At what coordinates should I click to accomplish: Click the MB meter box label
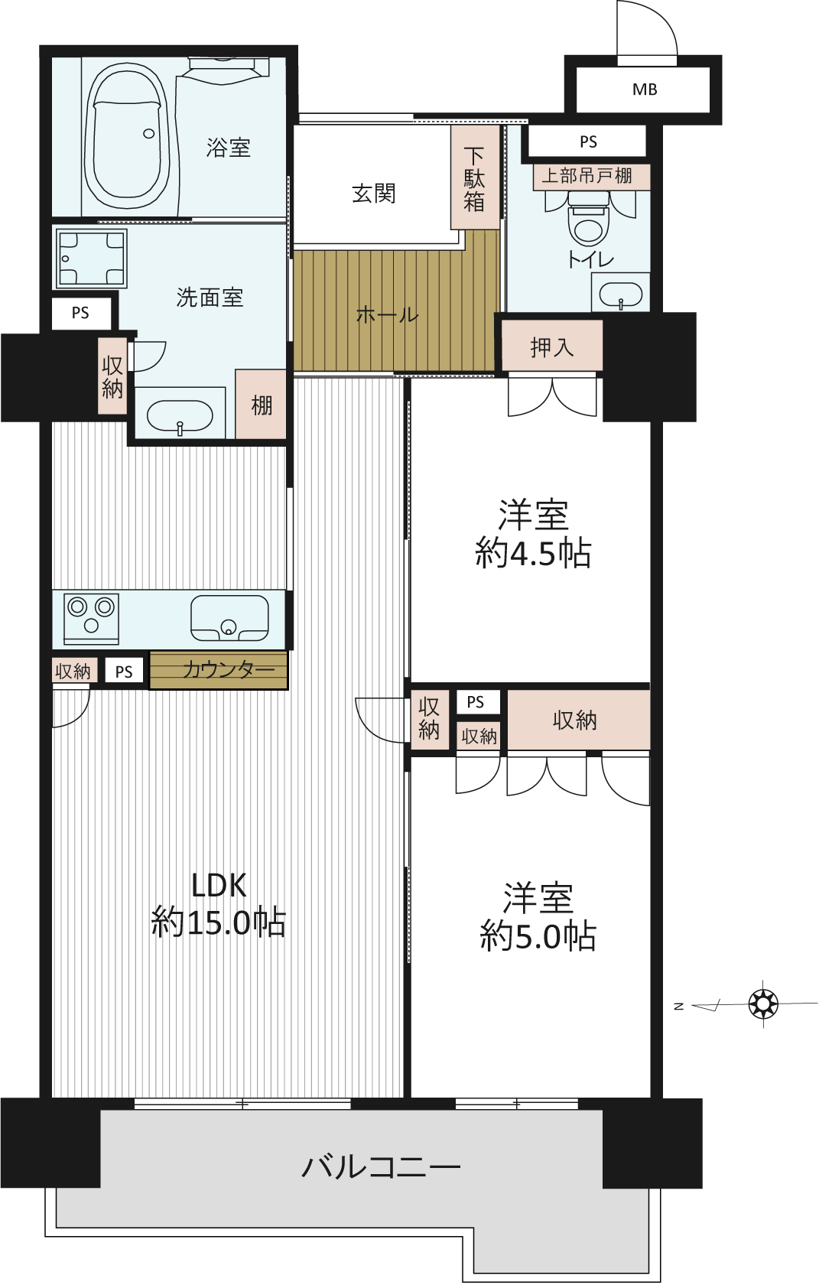644,89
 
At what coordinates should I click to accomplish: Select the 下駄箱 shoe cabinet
474,177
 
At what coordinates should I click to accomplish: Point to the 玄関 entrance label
374,194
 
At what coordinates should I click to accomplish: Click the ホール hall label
388,314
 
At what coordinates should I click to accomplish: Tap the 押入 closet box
552,346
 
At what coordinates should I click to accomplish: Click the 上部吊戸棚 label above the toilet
587,176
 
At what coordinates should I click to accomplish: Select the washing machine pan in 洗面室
91,259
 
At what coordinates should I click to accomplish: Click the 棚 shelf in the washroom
261,404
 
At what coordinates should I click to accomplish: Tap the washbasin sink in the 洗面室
180,415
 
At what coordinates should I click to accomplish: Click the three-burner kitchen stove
91,619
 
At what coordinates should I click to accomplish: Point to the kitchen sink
229,618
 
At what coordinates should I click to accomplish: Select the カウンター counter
219,669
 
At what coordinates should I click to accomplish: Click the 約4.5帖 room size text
533,554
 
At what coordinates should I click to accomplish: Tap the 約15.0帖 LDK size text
219,922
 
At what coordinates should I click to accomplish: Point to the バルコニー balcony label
382,1167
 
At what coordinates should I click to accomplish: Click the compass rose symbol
763,1004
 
